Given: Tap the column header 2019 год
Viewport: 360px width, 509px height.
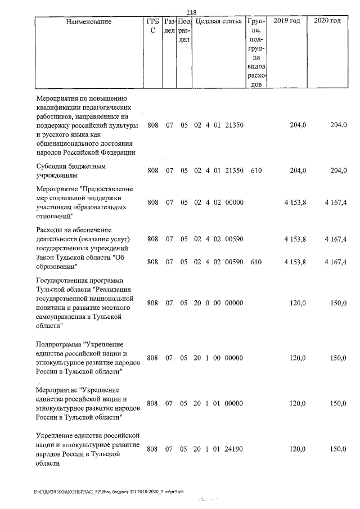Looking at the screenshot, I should coord(286,21).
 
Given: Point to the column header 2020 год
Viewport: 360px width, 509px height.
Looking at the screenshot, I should coord(327,21).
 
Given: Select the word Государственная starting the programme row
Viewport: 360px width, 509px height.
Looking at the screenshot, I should coord(64,280).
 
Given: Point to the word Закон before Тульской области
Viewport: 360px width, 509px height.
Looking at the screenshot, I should coord(46,257).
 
